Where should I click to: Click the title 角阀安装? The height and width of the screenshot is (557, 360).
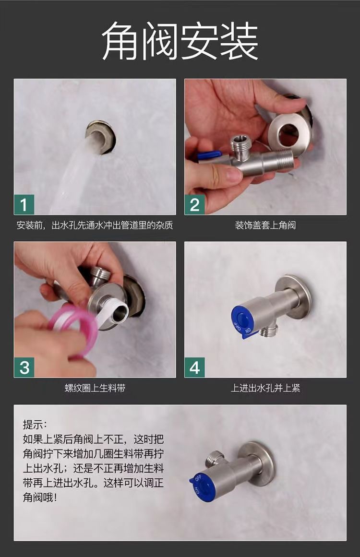[180, 40]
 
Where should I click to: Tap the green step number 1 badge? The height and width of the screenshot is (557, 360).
[24, 204]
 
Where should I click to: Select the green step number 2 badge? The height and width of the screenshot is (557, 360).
[195, 204]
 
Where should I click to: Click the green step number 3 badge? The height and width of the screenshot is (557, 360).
[24, 367]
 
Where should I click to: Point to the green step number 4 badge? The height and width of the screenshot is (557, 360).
[195, 367]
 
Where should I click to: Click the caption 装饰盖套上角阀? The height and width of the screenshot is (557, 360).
[265, 225]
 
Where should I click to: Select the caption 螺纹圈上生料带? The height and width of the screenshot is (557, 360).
[95, 388]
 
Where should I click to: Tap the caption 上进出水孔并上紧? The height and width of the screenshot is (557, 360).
[265, 388]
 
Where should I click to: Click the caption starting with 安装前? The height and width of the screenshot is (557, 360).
[95, 225]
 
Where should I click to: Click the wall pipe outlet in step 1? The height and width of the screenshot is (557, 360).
[101, 137]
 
